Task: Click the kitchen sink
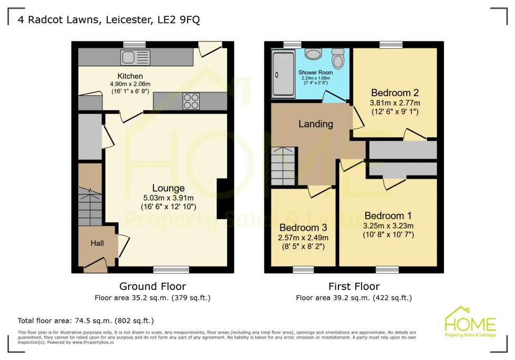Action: pos(136,56)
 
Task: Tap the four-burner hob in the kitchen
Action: pos(191,100)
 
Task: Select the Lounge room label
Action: pos(168,188)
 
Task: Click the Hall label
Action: pos(97,243)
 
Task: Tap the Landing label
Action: pos(316,124)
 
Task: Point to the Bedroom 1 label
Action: pos(388,215)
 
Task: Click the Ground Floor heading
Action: pos(152,286)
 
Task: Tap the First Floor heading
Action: pos(354,286)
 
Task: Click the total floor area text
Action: pos(86,320)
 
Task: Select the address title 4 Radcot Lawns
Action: pos(109,20)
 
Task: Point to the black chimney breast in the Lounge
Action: pos(222,198)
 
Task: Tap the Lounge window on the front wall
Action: pos(171,270)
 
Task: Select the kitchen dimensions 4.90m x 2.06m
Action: pos(130,84)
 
